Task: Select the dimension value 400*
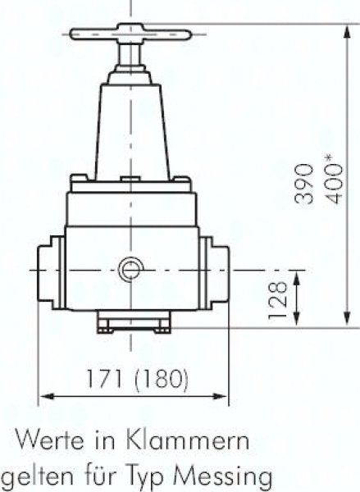(334, 177)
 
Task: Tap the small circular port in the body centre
(130, 268)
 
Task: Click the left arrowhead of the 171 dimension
(43, 398)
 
